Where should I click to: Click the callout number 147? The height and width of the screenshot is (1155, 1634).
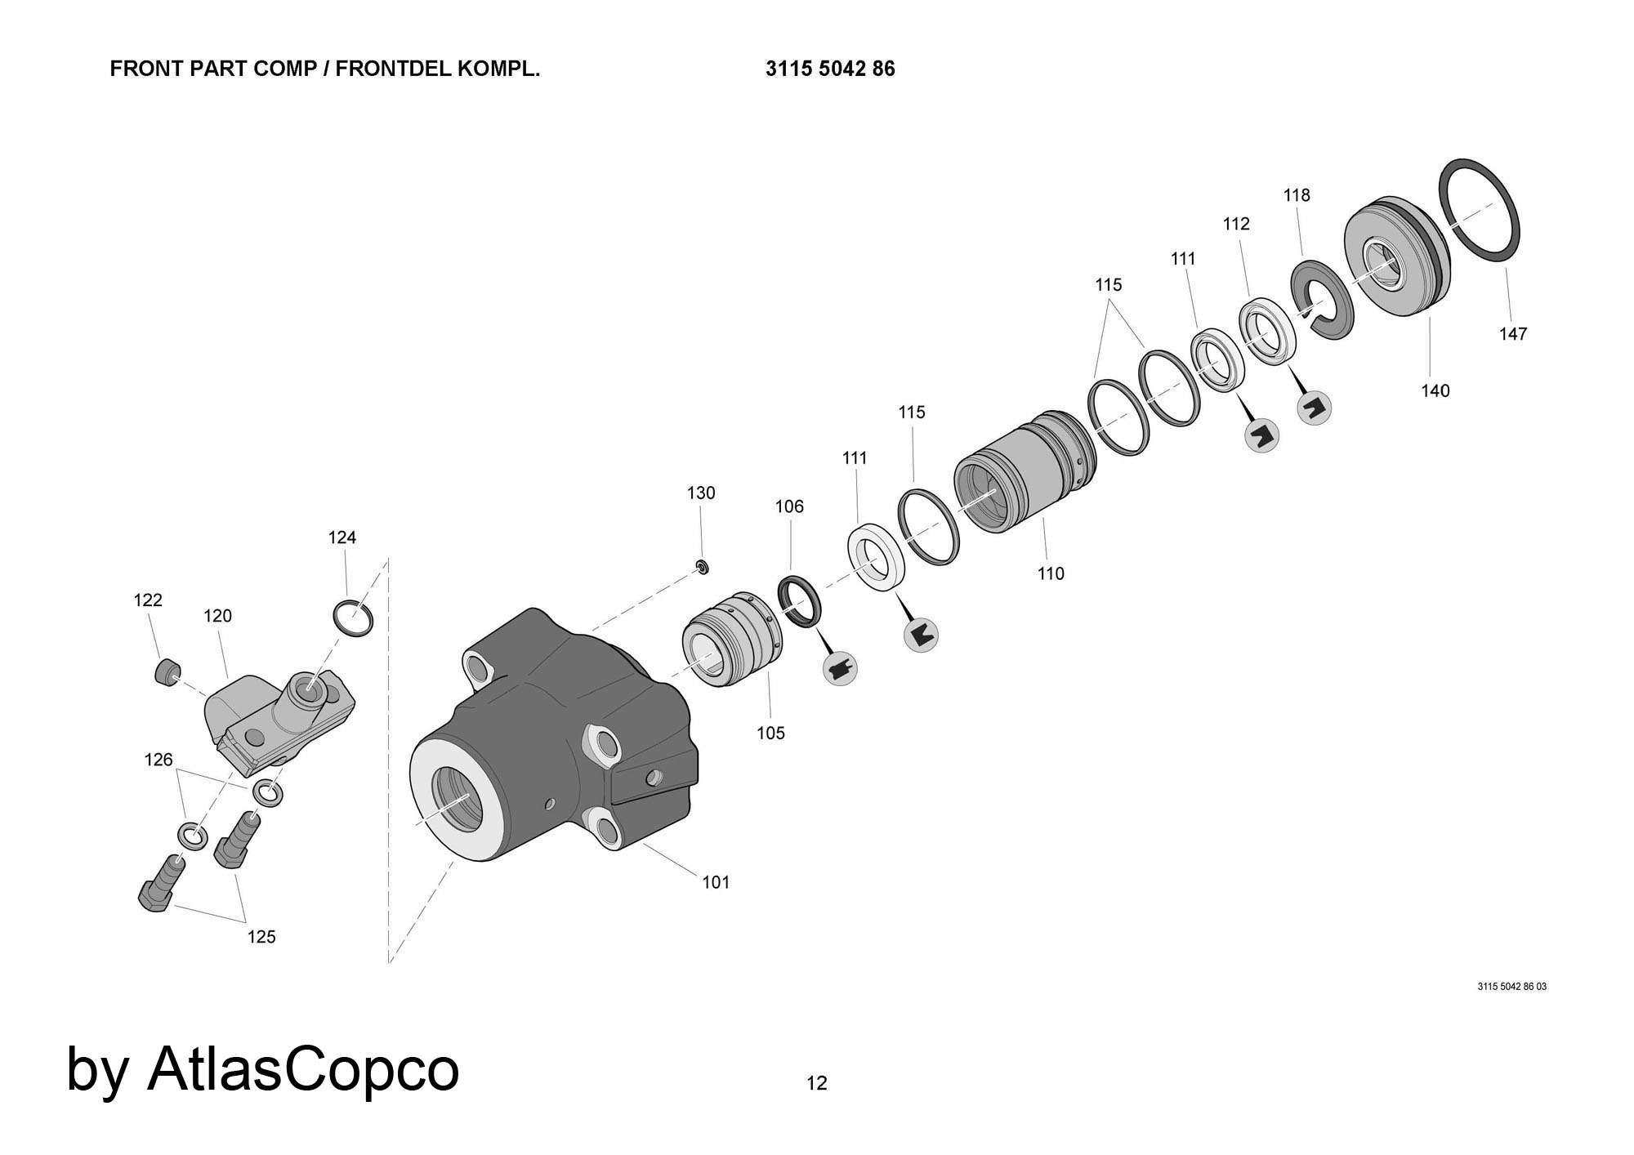click(1512, 333)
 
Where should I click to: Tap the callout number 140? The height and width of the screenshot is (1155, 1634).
click(1435, 390)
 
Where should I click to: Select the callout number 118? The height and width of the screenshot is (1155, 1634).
click(1297, 195)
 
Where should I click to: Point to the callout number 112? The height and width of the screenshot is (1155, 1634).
click(1236, 224)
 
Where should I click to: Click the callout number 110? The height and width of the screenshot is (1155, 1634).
click(1051, 573)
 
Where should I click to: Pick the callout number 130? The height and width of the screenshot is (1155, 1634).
click(701, 493)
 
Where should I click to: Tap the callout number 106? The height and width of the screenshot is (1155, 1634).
click(789, 506)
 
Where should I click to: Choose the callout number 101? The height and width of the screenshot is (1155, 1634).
click(716, 882)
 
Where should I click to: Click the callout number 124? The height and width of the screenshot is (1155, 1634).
click(342, 537)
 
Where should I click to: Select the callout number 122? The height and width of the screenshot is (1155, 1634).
click(148, 600)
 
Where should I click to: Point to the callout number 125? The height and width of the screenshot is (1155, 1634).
click(261, 937)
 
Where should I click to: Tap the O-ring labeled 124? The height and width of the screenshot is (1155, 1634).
click(354, 618)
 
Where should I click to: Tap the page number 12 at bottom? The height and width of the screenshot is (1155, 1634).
click(817, 1083)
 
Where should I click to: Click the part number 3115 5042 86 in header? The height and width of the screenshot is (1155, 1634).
click(830, 69)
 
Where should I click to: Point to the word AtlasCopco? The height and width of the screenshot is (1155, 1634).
click(303, 1068)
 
